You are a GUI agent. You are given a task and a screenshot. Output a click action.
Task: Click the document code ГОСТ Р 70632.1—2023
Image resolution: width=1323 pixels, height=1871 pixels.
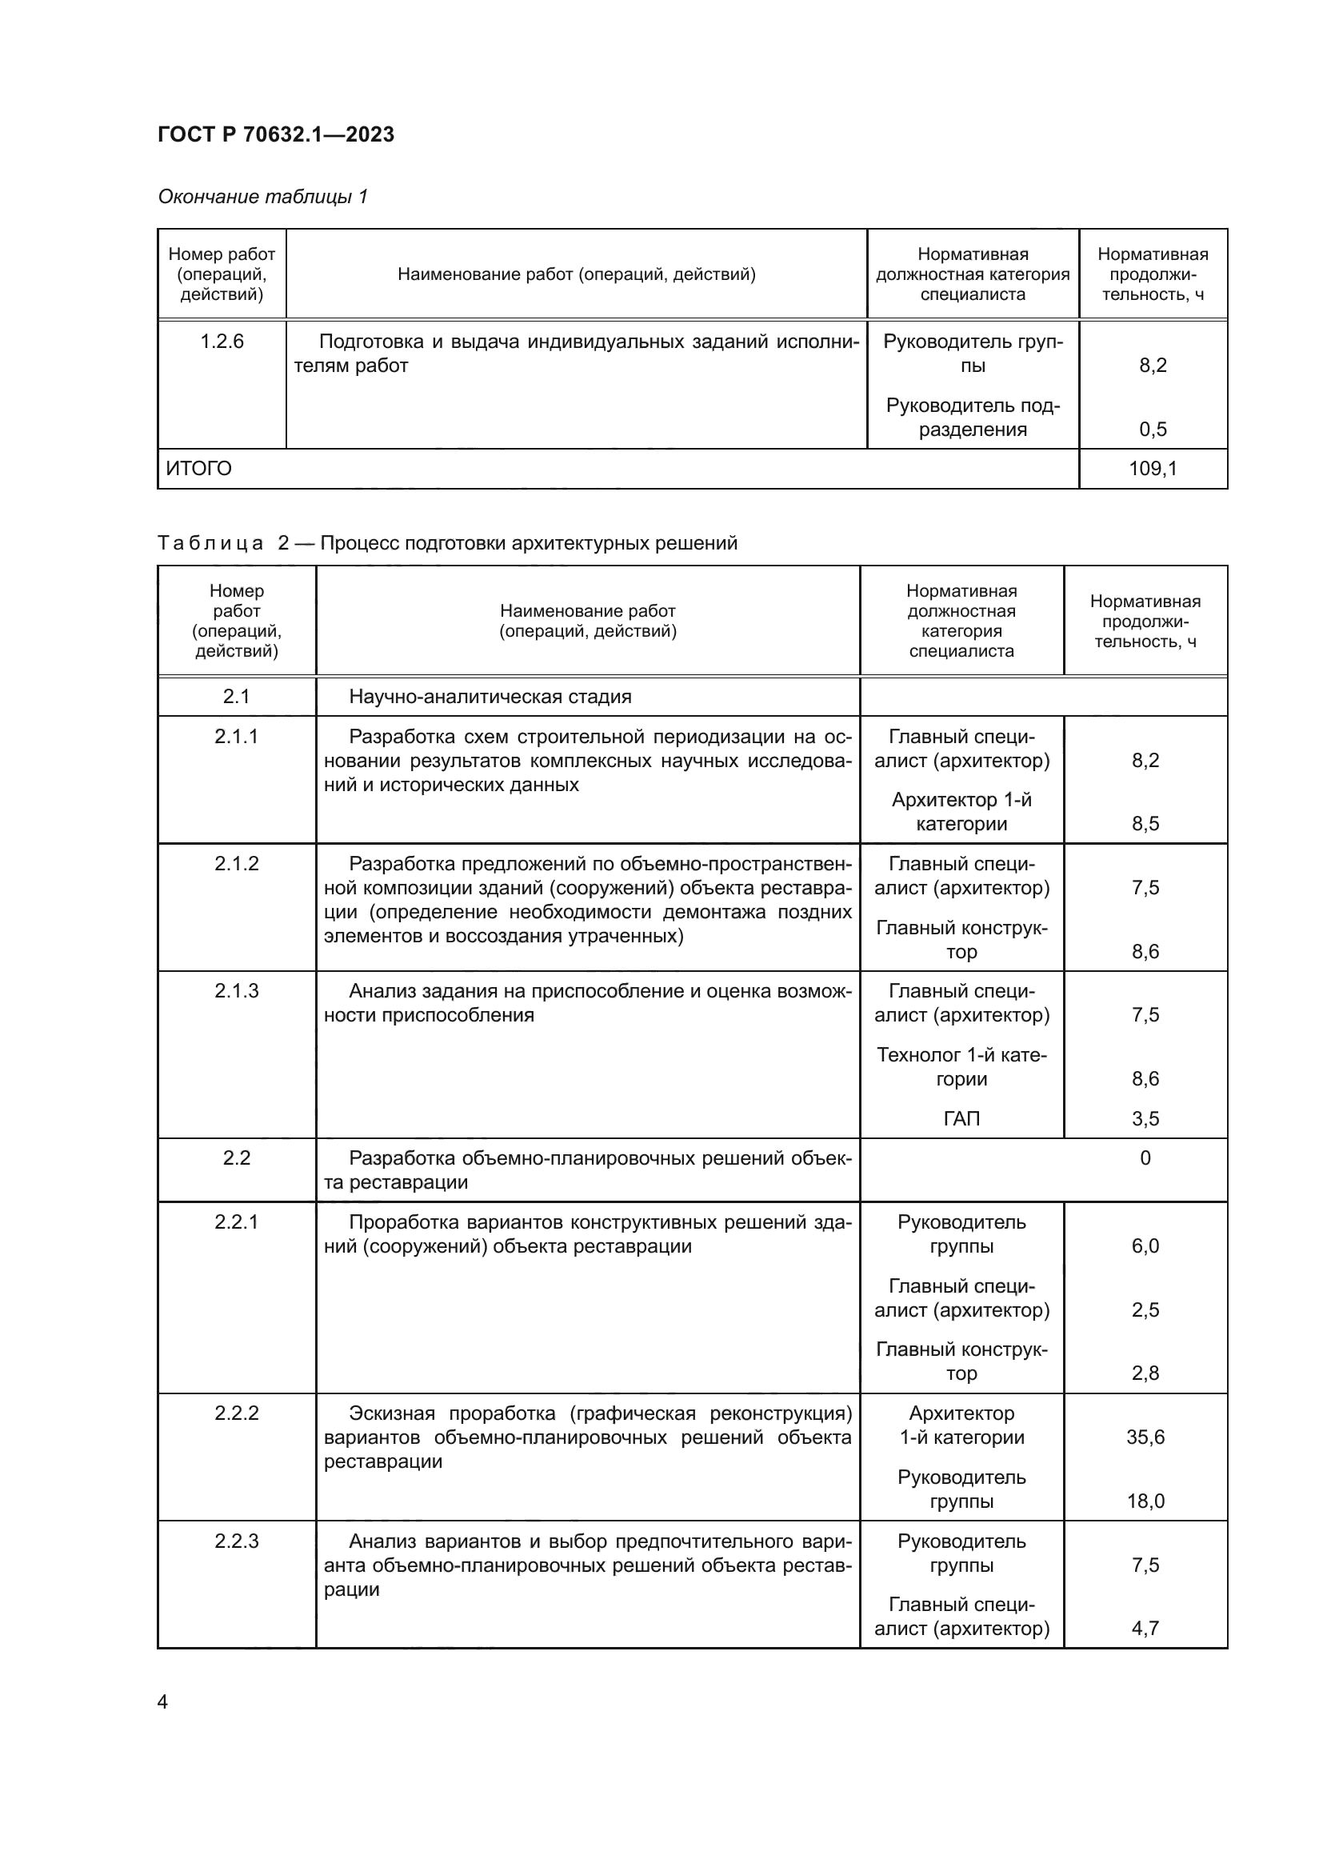coord(275,134)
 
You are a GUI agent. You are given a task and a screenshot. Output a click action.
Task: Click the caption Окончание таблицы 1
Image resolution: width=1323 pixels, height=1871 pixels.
coord(262,197)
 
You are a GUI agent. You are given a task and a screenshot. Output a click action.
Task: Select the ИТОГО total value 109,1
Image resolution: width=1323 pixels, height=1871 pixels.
coord(1152,469)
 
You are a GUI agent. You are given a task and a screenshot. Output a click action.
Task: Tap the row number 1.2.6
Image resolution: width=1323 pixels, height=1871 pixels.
coord(222,342)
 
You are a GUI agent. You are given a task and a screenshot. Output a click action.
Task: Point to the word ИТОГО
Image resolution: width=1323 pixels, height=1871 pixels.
coord(199,469)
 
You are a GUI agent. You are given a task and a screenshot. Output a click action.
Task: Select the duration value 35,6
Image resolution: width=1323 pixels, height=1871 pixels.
coord(1145,1437)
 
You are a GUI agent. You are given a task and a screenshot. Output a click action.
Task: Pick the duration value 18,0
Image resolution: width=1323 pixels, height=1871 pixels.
coord(1145,1500)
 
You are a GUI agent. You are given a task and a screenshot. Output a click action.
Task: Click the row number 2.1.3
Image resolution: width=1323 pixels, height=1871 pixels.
coord(236,991)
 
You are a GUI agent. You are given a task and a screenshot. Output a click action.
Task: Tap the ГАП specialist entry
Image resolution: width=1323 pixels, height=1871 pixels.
coord(961,1118)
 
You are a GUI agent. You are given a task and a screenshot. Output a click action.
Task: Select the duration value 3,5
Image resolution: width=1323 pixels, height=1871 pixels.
coord(1145,1118)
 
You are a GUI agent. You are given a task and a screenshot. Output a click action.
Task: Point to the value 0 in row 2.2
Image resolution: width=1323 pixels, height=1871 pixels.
coord(1145,1158)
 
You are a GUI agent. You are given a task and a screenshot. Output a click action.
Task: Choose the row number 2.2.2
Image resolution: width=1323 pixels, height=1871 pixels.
coord(236,1413)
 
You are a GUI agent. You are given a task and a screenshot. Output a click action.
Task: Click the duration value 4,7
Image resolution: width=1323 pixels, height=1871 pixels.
coord(1145,1628)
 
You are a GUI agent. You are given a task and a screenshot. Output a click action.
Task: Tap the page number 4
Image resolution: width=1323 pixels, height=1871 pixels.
coord(162,1702)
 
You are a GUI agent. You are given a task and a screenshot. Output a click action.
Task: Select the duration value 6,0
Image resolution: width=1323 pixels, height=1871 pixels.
coord(1145,1246)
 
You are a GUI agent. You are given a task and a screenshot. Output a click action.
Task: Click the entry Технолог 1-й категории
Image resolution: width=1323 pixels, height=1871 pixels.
coord(961,1067)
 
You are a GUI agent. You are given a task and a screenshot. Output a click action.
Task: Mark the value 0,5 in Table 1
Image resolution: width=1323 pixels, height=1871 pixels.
coord(1152,430)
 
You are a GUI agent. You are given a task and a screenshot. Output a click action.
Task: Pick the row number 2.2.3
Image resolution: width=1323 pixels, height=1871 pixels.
coord(236,1541)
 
